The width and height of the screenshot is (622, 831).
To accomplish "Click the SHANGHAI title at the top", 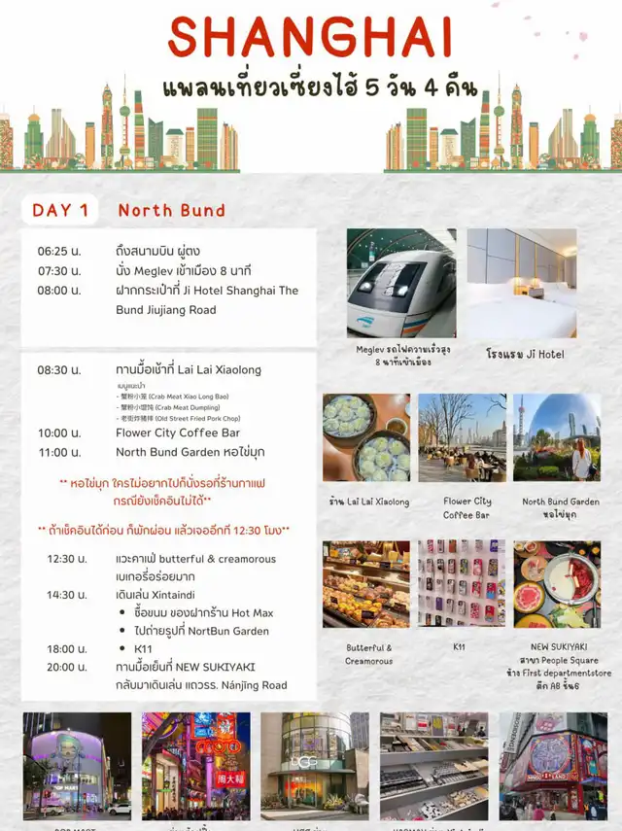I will pos(310,38).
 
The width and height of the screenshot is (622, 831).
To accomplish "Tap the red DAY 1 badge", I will pos(60,210).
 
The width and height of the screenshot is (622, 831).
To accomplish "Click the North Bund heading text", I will pos(171,210).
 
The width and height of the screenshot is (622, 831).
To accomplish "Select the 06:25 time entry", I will pos(59,251).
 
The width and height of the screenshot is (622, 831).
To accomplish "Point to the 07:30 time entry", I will pos(59,270).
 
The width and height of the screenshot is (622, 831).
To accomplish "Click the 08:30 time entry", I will pos(59,369).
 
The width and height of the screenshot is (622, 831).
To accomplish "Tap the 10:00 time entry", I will pos(59,433).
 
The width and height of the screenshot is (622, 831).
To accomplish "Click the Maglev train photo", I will pos(401,283).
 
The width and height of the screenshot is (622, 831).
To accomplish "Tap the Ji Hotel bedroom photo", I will pos(521,283).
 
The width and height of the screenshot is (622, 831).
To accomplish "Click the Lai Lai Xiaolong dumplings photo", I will pos(366,437).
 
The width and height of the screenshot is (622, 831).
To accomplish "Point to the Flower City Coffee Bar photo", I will pos(462,437).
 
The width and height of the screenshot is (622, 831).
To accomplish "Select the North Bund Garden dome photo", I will pos(557,437).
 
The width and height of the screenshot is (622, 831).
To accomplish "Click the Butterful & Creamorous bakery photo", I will pos(366,583).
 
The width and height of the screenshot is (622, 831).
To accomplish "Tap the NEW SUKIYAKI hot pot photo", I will pos(557,583).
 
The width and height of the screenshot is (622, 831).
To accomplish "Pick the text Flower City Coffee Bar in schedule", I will pos(178,433).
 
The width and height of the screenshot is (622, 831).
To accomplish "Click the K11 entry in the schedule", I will pos(143,648).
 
